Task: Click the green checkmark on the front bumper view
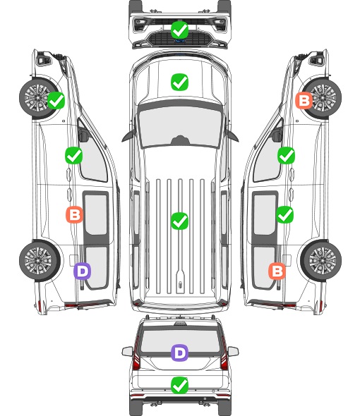pyautogui.click(x=180, y=30)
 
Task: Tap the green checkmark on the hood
pyautogui.click(x=180, y=82)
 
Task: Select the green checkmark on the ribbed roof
pyautogui.click(x=180, y=221)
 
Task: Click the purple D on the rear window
pyautogui.click(x=180, y=353)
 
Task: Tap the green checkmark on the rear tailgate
pyautogui.click(x=180, y=385)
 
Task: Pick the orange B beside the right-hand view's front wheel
pyautogui.click(x=304, y=100)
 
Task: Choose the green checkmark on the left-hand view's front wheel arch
pyautogui.click(x=56, y=100)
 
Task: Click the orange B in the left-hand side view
pyautogui.click(x=74, y=214)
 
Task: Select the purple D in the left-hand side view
pyautogui.click(x=83, y=271)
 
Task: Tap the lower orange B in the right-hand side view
pyautogui.click(x=277, y=271)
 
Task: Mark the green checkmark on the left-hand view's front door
pyautogui.click(x=74, y=155)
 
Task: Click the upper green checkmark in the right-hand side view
pyautogui.click(x=286, y=155)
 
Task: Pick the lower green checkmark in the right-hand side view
pyautogui.click(x=284, y=214)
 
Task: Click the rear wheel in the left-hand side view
pyautogui.click(x=40, y=261)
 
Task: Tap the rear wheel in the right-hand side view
pyautogui.click(x=321, y=261)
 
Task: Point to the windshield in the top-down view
pyautogui.click(x=180, y=126)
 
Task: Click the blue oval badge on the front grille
pyautogui.click(x=180, y=41)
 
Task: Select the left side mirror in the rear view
pyautogui.click(x=127, y=352)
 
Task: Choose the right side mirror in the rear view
pyautogui.click(x=233, y=352)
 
